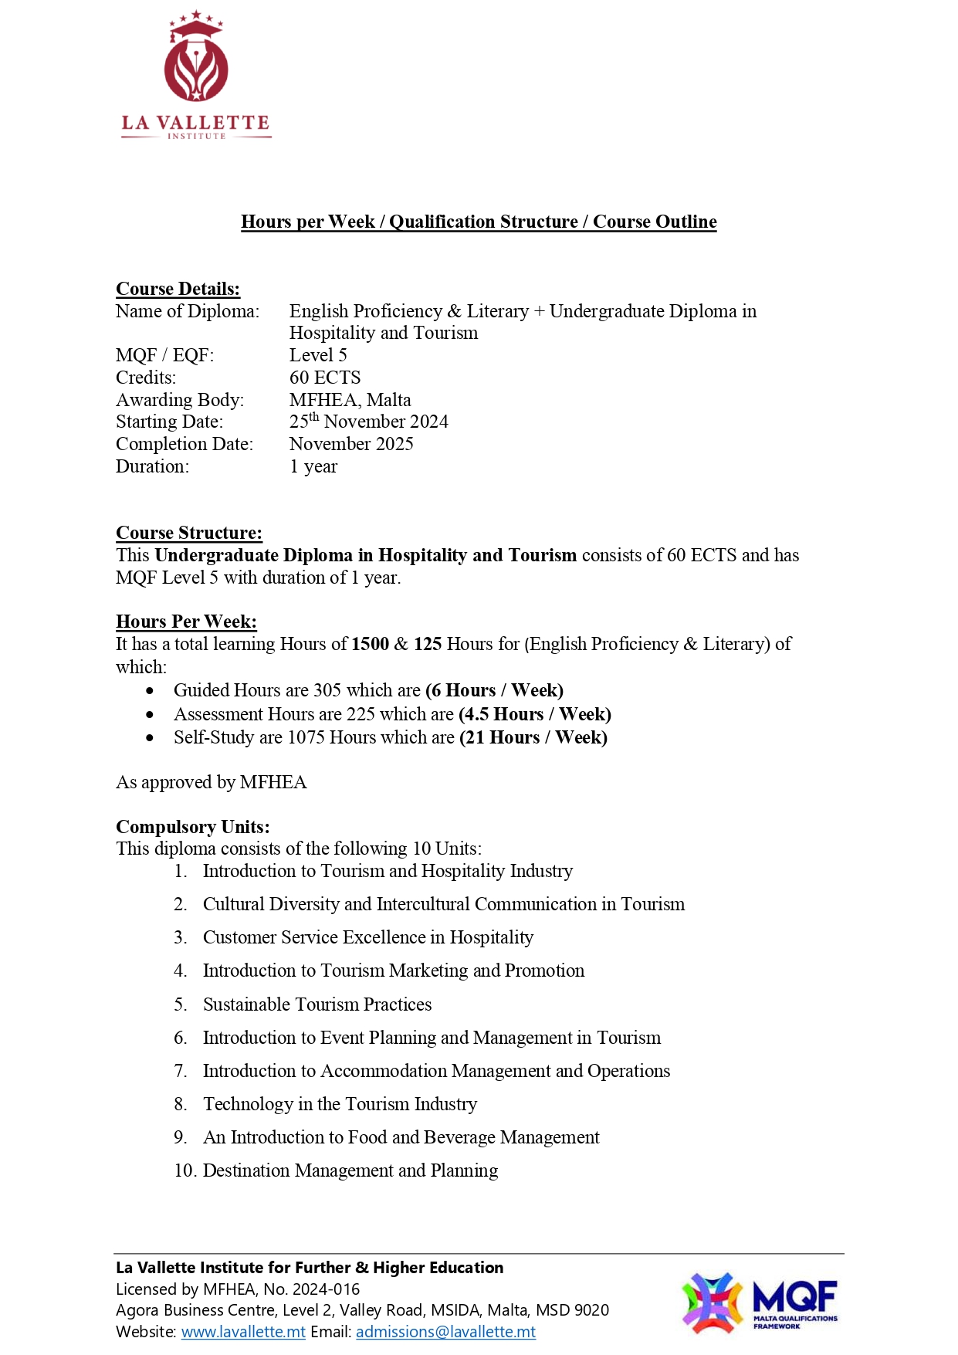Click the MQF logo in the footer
click(x=759, y=1303)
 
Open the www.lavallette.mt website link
click(x=243, y=1332)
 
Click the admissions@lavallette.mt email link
click(x=445, y=1332)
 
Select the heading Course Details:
click(x=178, y=289)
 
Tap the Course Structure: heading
click(x=188, y=533)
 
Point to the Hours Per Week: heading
click(x=186, y=622)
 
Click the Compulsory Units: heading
click(x=192, y=827)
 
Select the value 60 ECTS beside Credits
click(x=325, y=378)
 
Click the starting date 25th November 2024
click(x=368, y=422)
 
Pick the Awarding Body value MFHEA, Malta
click(x=350, y=400)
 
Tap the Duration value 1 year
click(x=313, y=466)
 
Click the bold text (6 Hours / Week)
click(x=494, y=690)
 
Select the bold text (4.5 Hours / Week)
click(x=534, y=714)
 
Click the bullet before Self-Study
click(x=150, y=738)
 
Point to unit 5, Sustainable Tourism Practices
click(x=317, y=1004)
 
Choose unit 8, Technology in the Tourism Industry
click(x=340, y=1104)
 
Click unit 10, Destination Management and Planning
click(x=350, y=1170)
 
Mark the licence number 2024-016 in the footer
click(x=332, y=1289)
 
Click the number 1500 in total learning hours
click(x=370, y=644)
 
